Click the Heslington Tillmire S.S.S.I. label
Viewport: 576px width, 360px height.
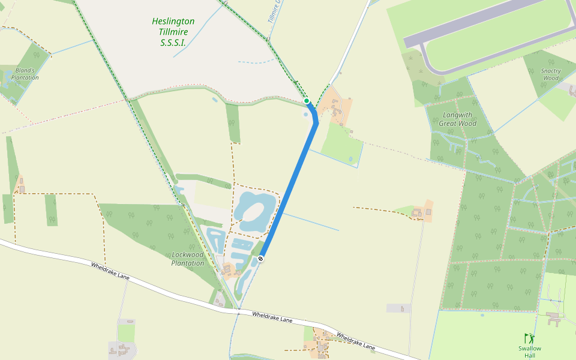point(173,32)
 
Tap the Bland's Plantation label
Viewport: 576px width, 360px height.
point(25,74)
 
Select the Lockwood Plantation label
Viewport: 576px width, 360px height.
point(188,259)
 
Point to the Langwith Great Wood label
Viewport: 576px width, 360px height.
point(458,119)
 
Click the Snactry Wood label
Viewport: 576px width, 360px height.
point(550,74)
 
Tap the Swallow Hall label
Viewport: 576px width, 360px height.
point(530,352)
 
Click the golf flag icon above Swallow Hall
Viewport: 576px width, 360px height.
point(528,338)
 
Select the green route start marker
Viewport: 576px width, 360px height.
point(307,101)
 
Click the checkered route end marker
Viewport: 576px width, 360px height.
point(260,259)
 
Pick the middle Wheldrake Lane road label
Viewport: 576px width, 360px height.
point(272,317)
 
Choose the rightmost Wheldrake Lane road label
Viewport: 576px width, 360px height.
point(355,341)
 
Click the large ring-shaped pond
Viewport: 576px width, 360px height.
point(254,211)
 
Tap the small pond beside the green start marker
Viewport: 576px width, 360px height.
point(306,114)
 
